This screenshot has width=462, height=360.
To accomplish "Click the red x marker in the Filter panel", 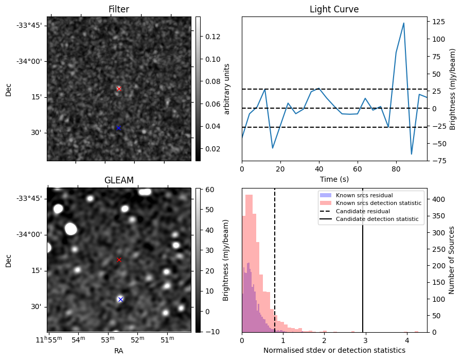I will pos(119,89).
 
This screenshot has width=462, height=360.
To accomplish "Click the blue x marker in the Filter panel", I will pos(118,128).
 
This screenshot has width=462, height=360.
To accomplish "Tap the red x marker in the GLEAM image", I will pos(119,260).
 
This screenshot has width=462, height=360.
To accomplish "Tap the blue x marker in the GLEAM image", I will pos(120,299).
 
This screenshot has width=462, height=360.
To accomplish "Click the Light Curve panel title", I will pos(334,9).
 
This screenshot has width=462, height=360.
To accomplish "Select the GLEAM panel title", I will pos(119,180).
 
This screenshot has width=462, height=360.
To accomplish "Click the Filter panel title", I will pos(119,9).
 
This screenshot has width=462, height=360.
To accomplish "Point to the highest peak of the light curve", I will pos(404,23).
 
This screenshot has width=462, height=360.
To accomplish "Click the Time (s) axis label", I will pos(334,178).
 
